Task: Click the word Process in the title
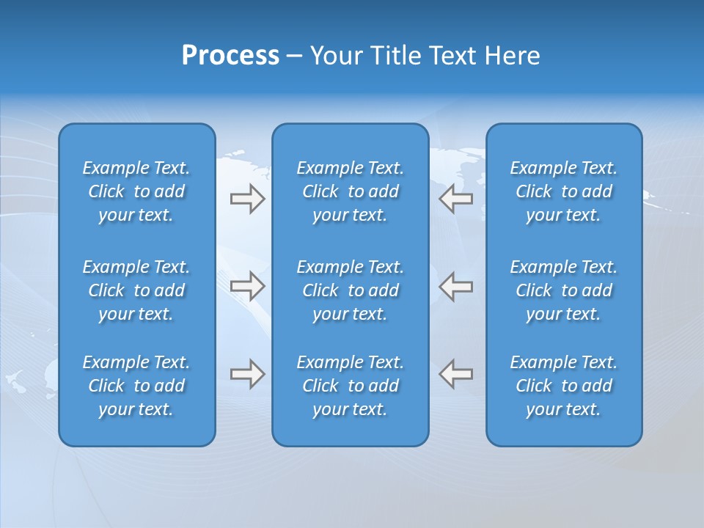[230, 56]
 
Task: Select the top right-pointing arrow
[247, 199]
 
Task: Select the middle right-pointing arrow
[247, 286]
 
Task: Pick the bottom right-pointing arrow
[247, 374]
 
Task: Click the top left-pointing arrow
[455, 199]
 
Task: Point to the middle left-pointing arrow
[455, 286]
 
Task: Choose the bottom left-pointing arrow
[455, 374]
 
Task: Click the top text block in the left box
[136, 191]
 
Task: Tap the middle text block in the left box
[136, 290]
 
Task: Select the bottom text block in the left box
[136, 386]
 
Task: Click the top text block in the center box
[350, 191]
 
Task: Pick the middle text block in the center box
[350, 290]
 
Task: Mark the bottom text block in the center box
[350, 386]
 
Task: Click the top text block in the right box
[563, 191]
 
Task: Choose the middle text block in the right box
[563, 290]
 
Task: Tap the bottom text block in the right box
[563, 386]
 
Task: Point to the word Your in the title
[335, 56]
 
